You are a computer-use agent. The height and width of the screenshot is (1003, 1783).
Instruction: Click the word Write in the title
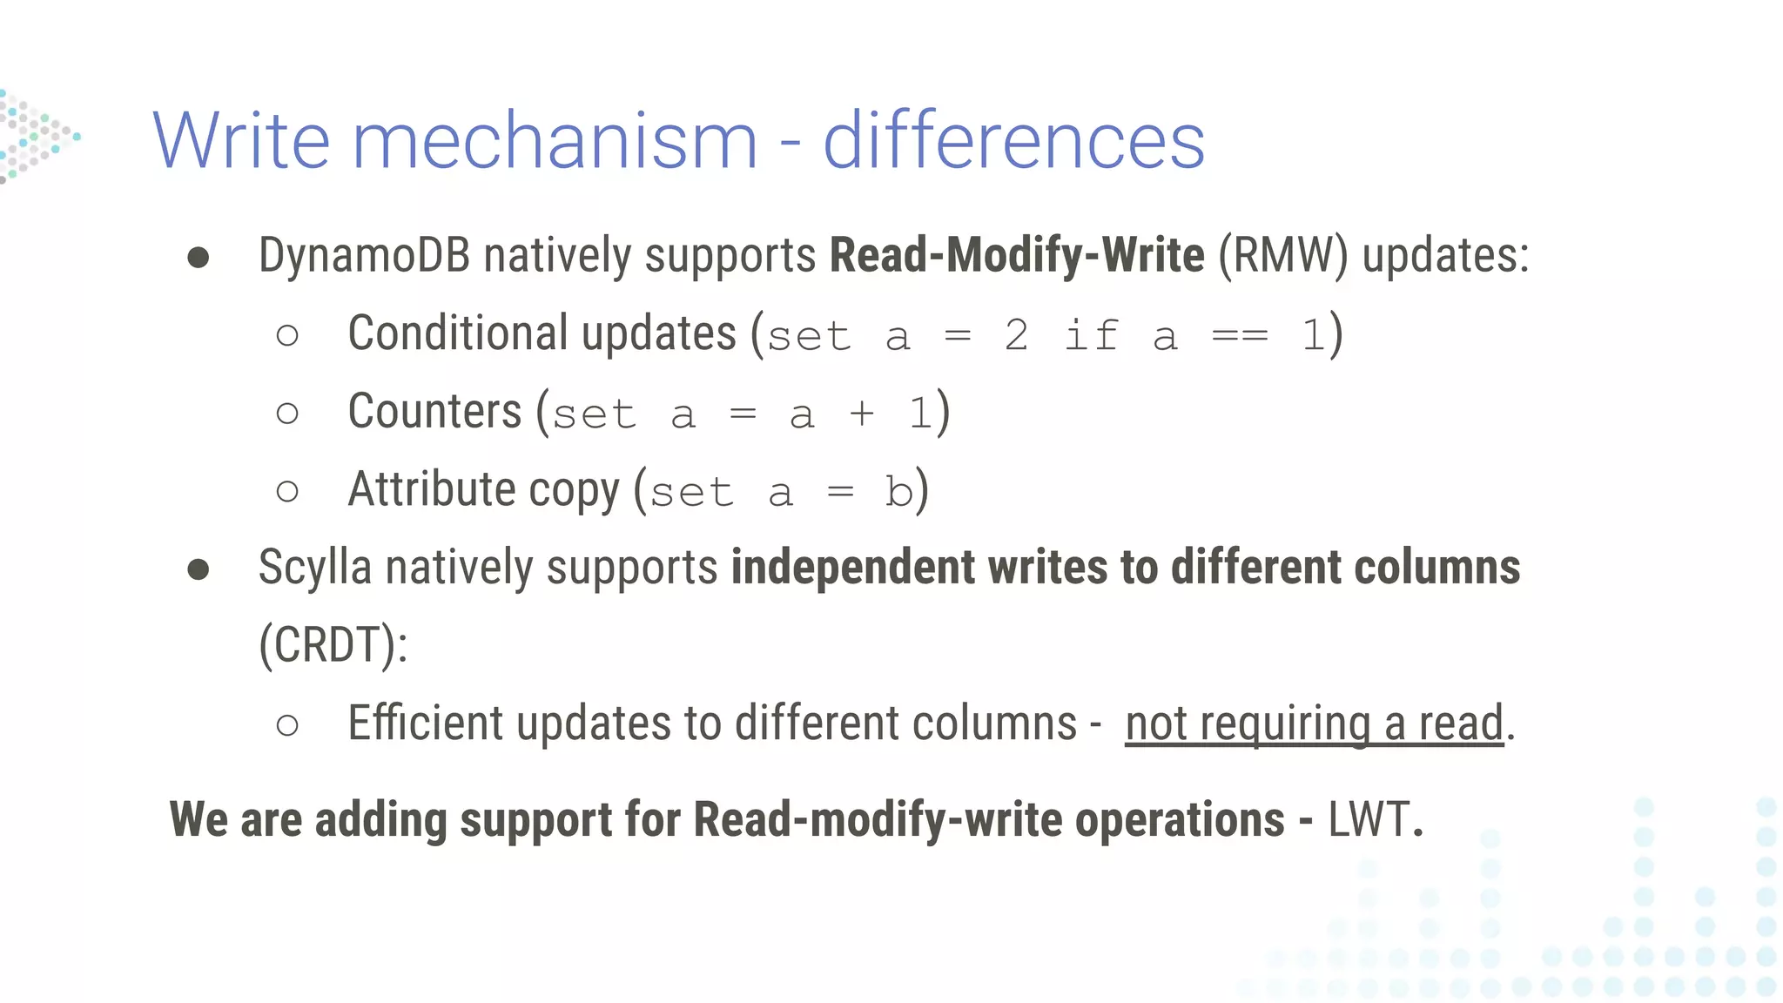tap(241, 141)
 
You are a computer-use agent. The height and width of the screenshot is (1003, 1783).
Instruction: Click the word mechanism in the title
tap(555, 141)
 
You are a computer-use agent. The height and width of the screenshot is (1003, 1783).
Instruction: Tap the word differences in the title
tap(1013, 141)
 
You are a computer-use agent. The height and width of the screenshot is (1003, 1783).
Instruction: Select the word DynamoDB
tap(364, 256)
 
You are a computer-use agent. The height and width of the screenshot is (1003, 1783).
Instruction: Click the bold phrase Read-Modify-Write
tap(1017, 256)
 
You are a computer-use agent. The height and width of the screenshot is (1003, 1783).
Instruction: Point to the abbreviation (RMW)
tap(1282, 256)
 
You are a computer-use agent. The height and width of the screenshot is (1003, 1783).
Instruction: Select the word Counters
tap(434, 412)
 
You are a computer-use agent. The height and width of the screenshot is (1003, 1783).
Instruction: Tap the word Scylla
tap(315, 568)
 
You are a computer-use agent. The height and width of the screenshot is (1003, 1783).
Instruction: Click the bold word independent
tap(852, 568)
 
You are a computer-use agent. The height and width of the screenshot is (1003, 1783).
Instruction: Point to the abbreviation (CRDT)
tap(333, 645)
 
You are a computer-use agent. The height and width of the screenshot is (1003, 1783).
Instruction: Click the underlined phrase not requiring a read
tap(1314, 724)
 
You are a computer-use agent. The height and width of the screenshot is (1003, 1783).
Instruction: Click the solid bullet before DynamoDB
tap(198, 258)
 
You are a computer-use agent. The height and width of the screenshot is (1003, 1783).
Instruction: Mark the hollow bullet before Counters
tap(287, 414)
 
